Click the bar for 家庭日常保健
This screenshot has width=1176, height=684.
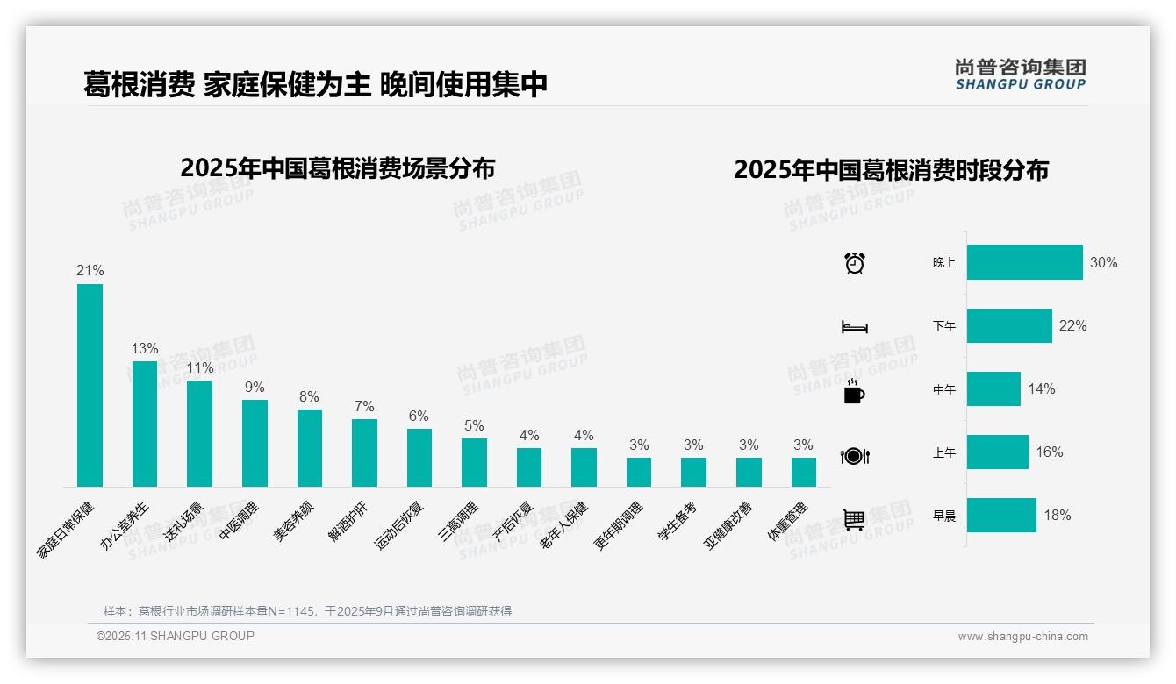[90, 385]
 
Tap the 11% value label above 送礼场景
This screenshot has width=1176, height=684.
[199, 368]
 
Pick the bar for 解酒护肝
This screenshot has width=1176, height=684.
[364, 452]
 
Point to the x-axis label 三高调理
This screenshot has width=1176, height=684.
[459, 522]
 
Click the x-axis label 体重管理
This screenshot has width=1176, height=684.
[787, 522]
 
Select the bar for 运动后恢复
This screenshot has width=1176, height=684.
[419, 457]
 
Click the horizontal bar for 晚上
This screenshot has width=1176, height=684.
[1024, 262]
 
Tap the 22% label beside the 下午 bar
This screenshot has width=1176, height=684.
[1072, 326]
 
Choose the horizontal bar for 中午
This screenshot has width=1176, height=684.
[993, 388]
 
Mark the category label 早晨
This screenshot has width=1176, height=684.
[944, 516]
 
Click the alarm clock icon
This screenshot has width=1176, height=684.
[855, 263]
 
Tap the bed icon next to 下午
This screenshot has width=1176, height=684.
[855, 327]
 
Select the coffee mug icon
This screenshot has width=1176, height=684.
[854, 392]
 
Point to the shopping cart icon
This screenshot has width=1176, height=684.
[854, 519]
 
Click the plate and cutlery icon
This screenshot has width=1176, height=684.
[855, 456]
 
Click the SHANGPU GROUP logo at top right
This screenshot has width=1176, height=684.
[1021, 75]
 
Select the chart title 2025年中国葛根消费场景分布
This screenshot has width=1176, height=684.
[338, 168]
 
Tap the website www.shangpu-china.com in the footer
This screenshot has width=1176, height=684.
[1022, 637]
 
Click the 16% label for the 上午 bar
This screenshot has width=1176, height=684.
[1049, 452]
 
